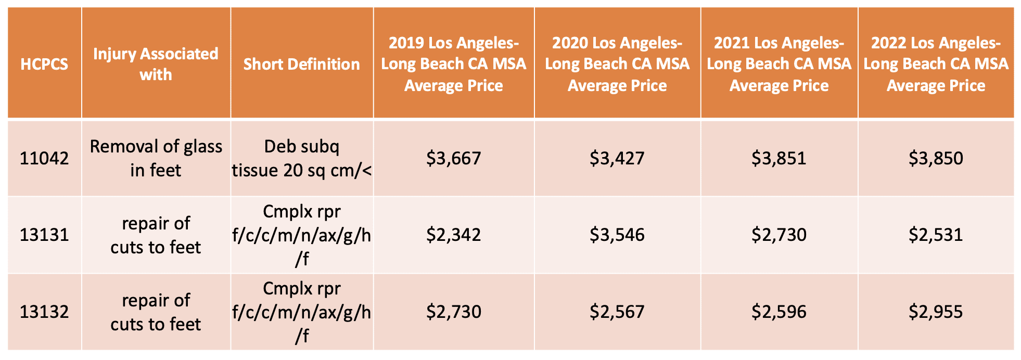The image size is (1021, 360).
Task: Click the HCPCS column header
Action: click(x=44, y=64)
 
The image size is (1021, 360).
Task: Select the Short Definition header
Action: click(x=301, y=64)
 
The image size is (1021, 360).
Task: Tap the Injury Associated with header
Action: click(x=156, y=64)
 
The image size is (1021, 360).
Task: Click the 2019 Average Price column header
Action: click(x=453, y=64)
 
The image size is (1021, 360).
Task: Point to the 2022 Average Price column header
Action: click(x=935, y=64)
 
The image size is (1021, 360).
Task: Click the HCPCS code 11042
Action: click(x=44, y=158)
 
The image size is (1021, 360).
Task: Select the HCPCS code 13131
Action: click(x=44, y=235)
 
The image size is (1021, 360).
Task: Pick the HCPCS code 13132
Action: click(x=44, y=312)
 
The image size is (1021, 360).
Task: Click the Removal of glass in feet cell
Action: click(x=156, y=158)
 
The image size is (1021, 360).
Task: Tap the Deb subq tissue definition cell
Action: click(x=301, y=158)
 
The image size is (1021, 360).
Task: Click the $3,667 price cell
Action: click(x=453, y=158)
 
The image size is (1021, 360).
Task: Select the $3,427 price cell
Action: click(x=617, y=158)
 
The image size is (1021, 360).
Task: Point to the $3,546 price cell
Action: click(x=617, y=235)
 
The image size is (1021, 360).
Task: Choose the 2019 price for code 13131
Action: click(x=453, y=235)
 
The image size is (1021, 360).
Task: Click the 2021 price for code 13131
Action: click(x=778, y=235)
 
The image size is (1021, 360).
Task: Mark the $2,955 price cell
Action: click(x=935, y=312)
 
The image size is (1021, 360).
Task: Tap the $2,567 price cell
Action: click(x=617, y=312)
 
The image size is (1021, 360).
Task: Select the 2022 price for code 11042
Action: click(x=935, y=158)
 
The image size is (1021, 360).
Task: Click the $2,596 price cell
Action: click(x=778, y=312)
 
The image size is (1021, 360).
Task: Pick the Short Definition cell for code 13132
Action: click(x=301, y=312)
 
